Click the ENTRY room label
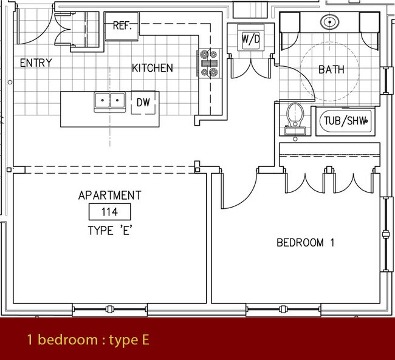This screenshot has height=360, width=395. point(36,63)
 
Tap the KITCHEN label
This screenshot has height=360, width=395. point(153,68)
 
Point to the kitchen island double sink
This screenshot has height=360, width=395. point(109,101)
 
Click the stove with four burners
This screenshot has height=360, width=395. point(208,63)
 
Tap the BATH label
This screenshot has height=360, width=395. point(331,69)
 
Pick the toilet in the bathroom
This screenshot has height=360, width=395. point(294,117)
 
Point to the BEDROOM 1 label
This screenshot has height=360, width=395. point(306,243)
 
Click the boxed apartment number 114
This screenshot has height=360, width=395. point(110,212)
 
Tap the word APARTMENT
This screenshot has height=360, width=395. point(110,195)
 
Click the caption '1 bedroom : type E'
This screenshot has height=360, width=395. point(88,340)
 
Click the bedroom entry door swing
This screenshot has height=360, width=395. point(237,188)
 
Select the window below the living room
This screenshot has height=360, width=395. point(110,310)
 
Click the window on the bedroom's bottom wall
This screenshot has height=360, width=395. point(284,310)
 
